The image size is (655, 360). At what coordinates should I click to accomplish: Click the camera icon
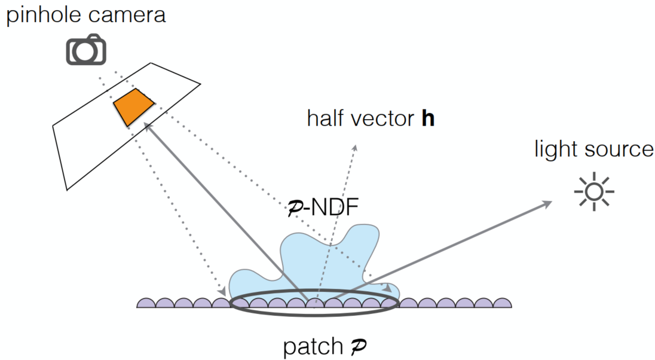click(x=86, y=50)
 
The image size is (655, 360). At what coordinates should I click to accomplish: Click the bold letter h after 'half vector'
click(x=427, y=118)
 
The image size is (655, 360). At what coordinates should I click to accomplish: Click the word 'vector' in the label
click(x=382, y=118)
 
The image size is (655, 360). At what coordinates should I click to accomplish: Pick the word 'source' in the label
click(x=620, y=150)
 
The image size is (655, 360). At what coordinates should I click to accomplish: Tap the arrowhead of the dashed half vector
click(x=355, y=148)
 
